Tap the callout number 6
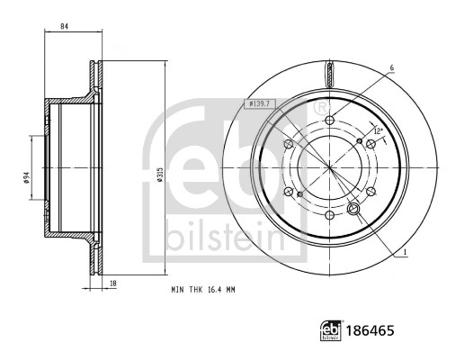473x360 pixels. (392, 68)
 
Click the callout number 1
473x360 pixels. (406, 251)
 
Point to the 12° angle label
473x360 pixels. (378, 132)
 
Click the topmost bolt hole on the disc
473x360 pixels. (330, 121)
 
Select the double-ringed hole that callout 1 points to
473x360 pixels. (353, 210)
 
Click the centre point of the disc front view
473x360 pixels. (330, 167)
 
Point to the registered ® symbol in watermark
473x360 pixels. (321, 108)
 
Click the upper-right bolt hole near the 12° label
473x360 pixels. (372, 144)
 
